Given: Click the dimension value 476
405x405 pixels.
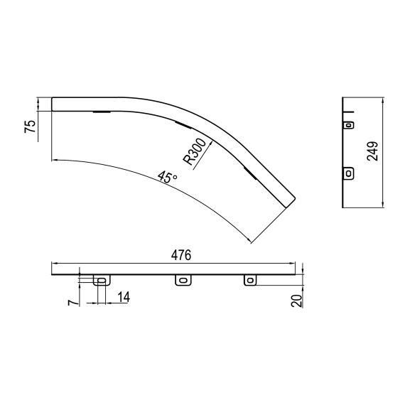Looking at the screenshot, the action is (181, 255).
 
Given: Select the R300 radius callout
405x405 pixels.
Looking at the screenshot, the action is (195, 152).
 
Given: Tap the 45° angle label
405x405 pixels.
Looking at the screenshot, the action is (168, 177).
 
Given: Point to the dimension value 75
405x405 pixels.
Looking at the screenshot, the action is (31, 126).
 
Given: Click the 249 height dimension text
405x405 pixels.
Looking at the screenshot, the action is (372, 151).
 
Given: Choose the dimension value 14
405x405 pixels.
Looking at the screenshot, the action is (124, 297).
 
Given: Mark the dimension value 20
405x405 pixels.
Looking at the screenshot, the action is (297, 301).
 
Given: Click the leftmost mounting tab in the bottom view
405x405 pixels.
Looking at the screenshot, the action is (102, 280).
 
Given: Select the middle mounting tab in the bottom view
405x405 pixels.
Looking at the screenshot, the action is (183, 280).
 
